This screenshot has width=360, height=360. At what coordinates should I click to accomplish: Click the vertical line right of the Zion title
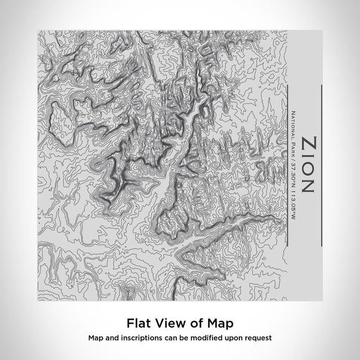point(323,165)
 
